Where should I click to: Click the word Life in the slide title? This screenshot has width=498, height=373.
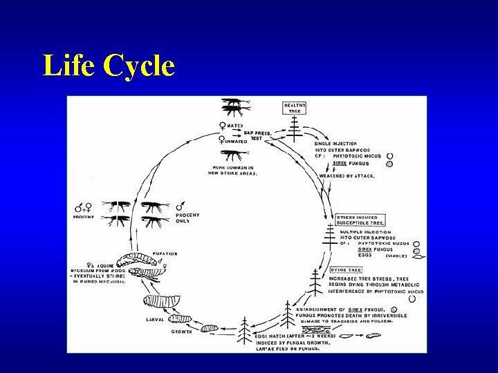coord(68,66)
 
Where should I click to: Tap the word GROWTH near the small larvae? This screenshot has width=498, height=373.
coord(183,332)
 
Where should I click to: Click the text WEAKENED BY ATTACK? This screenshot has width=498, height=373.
coord(348,176)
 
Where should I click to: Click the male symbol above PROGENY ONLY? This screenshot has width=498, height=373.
coord(181,206)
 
